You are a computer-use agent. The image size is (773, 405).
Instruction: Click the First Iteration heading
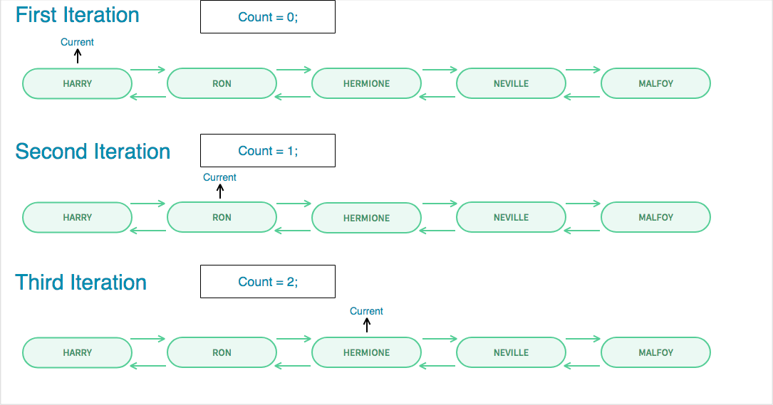77,15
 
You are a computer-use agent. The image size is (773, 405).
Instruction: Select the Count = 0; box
268,17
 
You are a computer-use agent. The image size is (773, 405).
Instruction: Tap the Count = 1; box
268,151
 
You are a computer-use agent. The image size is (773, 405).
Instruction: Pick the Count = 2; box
268,282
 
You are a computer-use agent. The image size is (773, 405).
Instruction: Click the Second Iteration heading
93,152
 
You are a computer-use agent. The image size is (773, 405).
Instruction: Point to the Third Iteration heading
81,283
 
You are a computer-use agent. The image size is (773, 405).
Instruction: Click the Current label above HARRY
77,42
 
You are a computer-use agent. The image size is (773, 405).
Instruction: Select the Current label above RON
219,177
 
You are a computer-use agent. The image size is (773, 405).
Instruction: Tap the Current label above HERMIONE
366,311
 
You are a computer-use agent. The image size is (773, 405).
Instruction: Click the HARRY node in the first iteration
77,83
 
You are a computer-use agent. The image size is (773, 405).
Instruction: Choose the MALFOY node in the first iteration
655,83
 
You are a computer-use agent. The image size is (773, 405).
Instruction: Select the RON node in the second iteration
222,217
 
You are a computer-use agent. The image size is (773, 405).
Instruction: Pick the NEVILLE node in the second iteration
511,217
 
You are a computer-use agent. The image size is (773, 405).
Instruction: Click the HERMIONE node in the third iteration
366,352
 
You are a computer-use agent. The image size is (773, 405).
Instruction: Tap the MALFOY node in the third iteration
655,352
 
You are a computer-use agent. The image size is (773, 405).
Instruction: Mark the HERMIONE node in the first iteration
366,83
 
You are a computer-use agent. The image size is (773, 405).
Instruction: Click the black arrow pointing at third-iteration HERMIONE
367,325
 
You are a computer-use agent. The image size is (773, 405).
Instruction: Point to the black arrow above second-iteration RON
220,191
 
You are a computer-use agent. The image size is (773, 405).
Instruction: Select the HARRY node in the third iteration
77,352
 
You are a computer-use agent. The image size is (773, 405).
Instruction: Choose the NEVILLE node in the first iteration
511,83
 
